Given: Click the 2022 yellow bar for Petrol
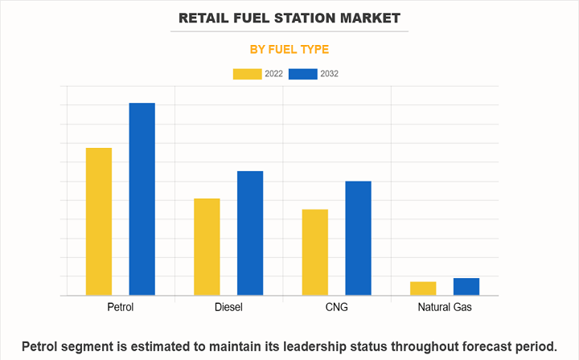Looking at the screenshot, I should tap(99, 222).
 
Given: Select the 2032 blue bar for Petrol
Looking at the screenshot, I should tap(142, 199).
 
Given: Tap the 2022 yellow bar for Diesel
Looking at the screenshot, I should tap(207, 247).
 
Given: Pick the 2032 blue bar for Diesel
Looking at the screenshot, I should tap(250, 233).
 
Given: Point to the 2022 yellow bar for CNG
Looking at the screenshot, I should tap(315, 252).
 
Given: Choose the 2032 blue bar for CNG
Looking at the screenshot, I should tap(358, 238).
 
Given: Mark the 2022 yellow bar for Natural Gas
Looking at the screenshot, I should tap(423, 288).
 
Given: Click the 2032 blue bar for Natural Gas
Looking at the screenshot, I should tap(466, 287).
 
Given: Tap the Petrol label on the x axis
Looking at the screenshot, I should tap(121, 308).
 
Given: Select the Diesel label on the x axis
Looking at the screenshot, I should tap(228, 308).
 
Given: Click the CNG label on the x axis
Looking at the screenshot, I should tap(336, 308).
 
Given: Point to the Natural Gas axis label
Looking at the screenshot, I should tap(445, 308).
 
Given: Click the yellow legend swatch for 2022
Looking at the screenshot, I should tap(247, 74).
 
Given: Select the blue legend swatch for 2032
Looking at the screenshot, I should tap(302, 74).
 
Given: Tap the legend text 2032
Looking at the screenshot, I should tap(328, 74).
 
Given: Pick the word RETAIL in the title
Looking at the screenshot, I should tap(207, 17).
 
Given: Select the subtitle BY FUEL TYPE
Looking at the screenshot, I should tap(289, 49).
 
